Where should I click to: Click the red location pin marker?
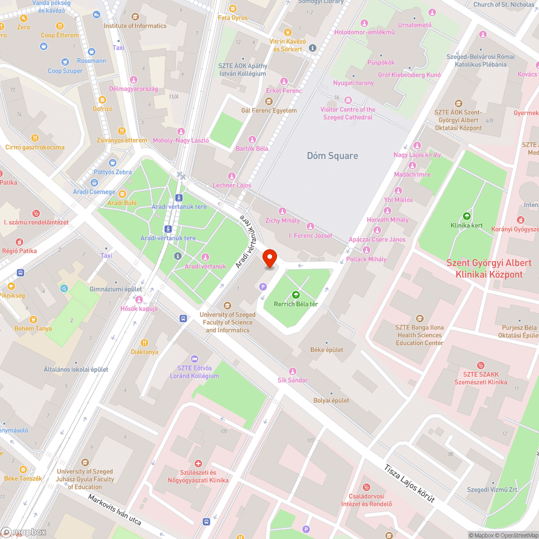(x=269, y=259)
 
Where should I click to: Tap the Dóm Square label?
(x=332, y=156)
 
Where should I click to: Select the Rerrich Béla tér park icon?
(x=295, y=295)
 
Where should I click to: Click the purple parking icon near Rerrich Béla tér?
(x=263, y=287)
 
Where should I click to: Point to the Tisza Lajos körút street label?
(x=410, y=484)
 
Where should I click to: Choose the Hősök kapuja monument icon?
(x=139, y=300)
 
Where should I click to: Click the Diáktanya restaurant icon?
(x=144, y=343)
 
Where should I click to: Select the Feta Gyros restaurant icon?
(x=233, y=9)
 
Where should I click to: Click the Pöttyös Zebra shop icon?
(x=112, y=163)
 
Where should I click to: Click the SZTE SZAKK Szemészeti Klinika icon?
(x=481, y=365)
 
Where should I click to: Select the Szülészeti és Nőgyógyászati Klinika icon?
(x=198, y=464)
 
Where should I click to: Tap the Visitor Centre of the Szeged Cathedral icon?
(x=348, y=100)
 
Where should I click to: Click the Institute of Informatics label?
(x=135, y=26)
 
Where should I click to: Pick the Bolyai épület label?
(x=331, y=400)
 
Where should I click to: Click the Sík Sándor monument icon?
(x=293, y=371)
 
